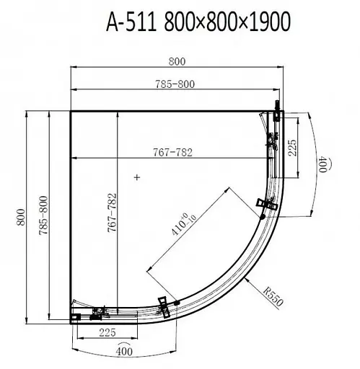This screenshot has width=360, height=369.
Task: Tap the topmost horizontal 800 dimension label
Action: click(177, 62)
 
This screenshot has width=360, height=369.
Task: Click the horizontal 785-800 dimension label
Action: click(177, 84)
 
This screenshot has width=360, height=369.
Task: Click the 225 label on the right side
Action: click(292, 147)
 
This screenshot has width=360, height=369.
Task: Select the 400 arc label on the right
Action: click(325, 165)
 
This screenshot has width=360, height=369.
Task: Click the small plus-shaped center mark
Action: click(136, 177)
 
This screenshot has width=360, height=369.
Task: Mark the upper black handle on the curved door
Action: click(263, 206)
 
